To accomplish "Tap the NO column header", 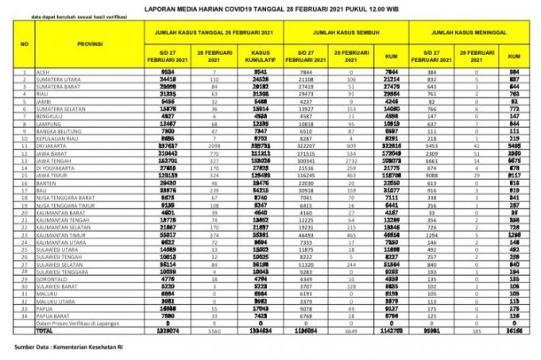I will (24, 46).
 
